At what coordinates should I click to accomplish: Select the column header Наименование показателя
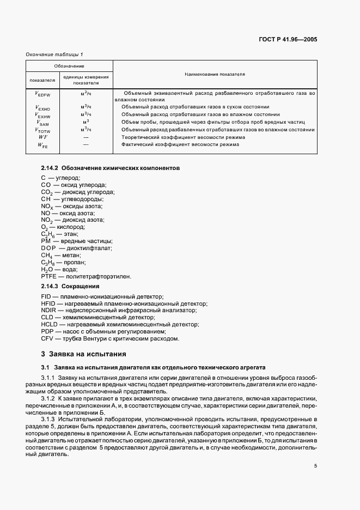[x=215, y=74]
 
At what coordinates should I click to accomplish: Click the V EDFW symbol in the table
[x=42, y=94]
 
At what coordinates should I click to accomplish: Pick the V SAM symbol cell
[x=42, y=123]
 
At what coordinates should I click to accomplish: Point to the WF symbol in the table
[x=42, y=137]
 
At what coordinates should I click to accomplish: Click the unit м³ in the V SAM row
[x=86, y=122]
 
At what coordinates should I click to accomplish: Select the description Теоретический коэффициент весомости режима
[x=176, y=137]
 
